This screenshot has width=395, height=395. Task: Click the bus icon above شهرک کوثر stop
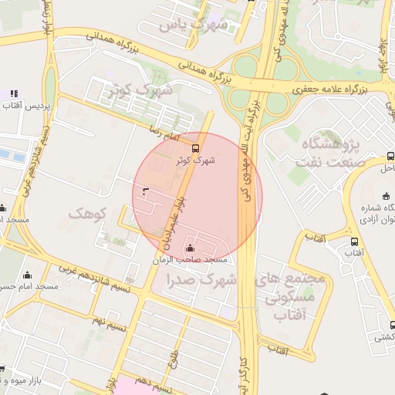click(194, 147)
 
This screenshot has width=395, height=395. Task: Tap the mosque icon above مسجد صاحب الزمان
click(191, 248)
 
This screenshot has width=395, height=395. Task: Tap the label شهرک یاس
click(194, 25)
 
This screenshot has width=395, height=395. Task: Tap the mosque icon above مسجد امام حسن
click(28, 275)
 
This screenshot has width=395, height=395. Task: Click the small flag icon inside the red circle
click(146, 190)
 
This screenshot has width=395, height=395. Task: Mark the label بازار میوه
click(23, 378)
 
